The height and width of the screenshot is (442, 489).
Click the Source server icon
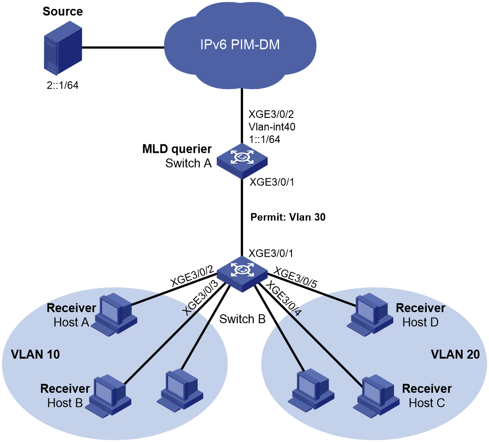pyautogui.click(x=63, y=48)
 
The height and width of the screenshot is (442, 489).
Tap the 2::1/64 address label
pyautogui.click(x=62, y=85)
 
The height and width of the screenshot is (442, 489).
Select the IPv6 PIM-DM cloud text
pyautogui.click(x=240, y=45)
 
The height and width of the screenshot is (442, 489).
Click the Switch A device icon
pyautogui.click(x=242, y=161)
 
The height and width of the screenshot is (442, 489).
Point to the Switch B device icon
pyautogui.click(x=242, y=274)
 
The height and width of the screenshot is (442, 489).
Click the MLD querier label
pyautogui.click(x=177, y=149)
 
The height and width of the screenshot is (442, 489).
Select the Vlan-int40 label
pyautogui.click(x=272, y=127)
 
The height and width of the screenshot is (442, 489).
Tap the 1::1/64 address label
pyautogui.click(x=265, y=139)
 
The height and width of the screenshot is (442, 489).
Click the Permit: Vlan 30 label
pyautogui.click(x=288, y=217)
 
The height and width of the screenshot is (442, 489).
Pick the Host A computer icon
pyautogui.click(x=116, y=314)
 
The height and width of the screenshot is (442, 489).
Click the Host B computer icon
pyautogui.click(x=110, y=395)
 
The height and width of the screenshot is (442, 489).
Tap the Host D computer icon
pyautogui.click(x=370, y=314)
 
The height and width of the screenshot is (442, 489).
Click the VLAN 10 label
pyautogui.click(x=35, y=354)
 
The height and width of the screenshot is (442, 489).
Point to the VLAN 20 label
pyautogui.click(x=455, y=354)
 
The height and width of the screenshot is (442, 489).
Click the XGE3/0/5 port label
pyautogui.click(x=295, y=278)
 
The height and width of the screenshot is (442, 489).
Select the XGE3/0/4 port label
pyautogui.click(x=284, y=299)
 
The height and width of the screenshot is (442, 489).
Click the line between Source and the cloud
pyautogui.click(x=123, y=48)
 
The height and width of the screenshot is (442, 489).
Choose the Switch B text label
pyautogui.click(x=242, y=319)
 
